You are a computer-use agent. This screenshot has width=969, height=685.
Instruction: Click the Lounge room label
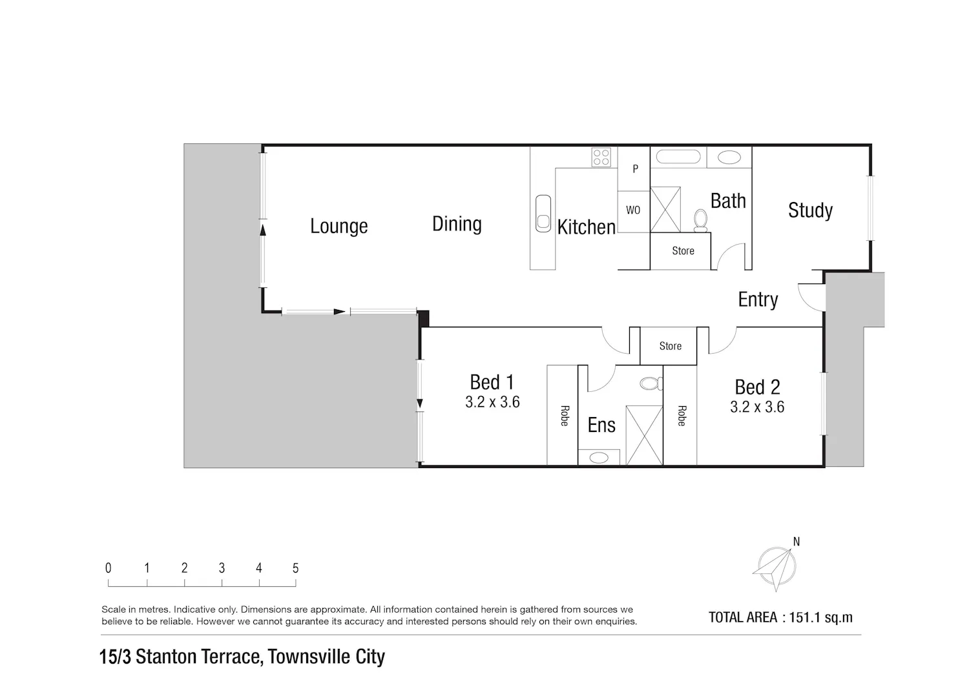coord(339,226)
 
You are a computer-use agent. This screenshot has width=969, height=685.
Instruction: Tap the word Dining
coord(457,224)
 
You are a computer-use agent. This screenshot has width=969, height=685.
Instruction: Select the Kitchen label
coord(586,227)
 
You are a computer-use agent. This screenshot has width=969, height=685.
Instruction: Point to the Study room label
coord(810,210)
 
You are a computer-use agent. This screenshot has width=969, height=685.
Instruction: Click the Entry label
coord(758,300)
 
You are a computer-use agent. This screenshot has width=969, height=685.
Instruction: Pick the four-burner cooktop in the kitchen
coord(601,157)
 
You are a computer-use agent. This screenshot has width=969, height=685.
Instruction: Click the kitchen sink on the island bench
coord(543,213)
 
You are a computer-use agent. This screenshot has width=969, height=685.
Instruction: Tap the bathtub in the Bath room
coord(675,156)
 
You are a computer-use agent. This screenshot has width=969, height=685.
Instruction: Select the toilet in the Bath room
coord(700,221)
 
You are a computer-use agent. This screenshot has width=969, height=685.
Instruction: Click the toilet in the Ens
coord(651,383)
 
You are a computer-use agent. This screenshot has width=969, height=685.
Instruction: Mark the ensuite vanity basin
coord(599,457)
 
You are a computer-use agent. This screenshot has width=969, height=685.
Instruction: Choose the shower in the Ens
coord(644,435)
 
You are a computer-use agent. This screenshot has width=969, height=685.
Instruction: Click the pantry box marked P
coord(634,169)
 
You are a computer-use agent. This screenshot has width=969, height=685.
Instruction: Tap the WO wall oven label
coord(633,210)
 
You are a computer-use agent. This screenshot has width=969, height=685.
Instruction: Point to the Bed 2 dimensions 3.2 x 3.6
coord(757,407)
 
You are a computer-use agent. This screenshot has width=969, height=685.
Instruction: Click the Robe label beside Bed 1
coord(565,416)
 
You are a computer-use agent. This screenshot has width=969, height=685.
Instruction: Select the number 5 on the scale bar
coord(295,567)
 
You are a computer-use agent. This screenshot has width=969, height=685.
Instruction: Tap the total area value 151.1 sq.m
coord(820,617)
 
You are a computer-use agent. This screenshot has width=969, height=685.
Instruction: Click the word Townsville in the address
coord(309,657)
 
